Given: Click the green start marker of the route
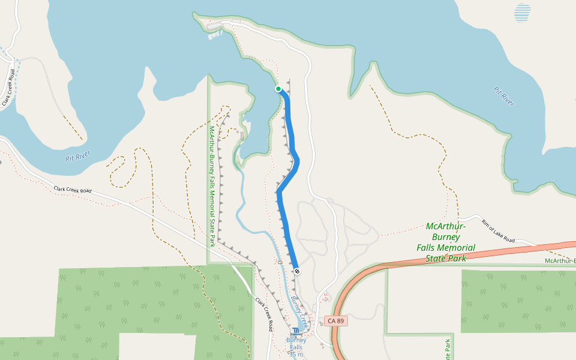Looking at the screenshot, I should (278, 89).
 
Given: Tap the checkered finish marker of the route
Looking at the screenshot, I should (297, 271).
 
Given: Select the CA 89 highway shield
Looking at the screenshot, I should (336, 321).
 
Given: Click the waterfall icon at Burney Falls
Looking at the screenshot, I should (296, 331).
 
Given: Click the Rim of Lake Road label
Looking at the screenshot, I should (497, 231).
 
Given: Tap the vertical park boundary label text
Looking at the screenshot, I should (212, 186).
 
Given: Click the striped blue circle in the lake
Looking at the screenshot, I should (523, 13).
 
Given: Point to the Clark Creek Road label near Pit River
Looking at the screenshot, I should (73, 190).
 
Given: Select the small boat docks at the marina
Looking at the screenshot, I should (214, 35).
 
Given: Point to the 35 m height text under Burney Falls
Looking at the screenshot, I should (296, 354).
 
